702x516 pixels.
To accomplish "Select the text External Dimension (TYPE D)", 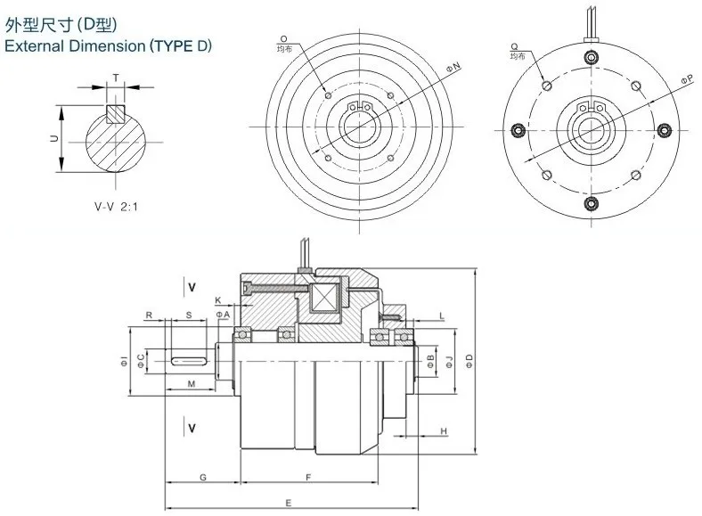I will pyautogui.click(x=109, y=45).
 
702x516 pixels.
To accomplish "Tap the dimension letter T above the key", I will pyautogui.click(x=115, y=78).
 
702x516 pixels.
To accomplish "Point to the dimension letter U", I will pyautogui.click(x=53, y=139).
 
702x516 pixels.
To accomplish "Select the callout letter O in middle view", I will pyautogui.click(x=282, y=39).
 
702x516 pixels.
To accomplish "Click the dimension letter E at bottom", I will pyautogui.click(x=290, y=504).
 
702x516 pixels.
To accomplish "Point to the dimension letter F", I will pyautogui.click(x=307, y=479).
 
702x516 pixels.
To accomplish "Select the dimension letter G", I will pyautogui.click(x=203, y=479).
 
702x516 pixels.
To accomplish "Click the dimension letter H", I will pyautogui.click(x=443, y=430).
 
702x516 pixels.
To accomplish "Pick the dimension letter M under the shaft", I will pyautogui.click(x=192, y=383).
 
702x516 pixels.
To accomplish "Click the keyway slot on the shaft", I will pyautogui.click(x=188, y=360).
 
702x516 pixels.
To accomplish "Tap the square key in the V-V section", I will pyautogui.click(x=115, y=114).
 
